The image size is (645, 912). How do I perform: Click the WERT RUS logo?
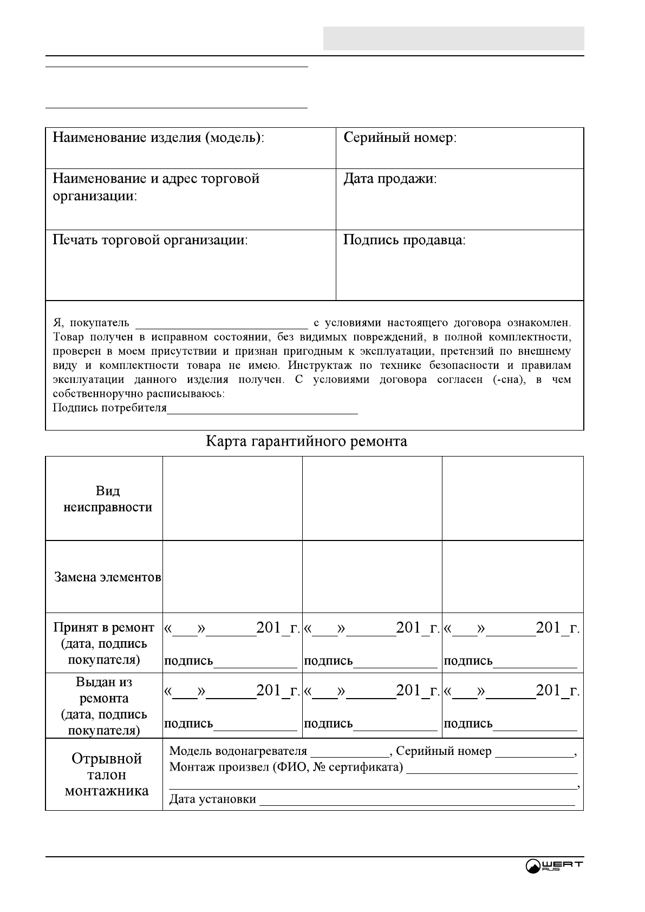[x=553, y=866]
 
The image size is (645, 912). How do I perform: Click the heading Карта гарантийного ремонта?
[x=306, y=442]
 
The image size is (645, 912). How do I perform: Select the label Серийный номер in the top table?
[x=400, y=138]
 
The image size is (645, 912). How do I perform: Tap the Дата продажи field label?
[x=390, y=179]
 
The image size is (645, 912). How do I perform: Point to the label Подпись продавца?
[x=404, y=240]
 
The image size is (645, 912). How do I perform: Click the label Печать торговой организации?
[x=149, y=240]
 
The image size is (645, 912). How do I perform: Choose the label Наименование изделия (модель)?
[x=158, y=138]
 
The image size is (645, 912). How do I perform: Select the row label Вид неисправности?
[x=108, y=499]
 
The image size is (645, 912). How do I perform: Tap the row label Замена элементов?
[x=108, y=577]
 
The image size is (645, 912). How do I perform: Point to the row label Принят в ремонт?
[x=104, y=628]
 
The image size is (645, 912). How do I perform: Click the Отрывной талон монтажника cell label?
[x=107, y=774]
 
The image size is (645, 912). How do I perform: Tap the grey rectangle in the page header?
[x=453, y=38]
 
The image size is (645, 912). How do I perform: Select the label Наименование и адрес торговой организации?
[x=156, y=187]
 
